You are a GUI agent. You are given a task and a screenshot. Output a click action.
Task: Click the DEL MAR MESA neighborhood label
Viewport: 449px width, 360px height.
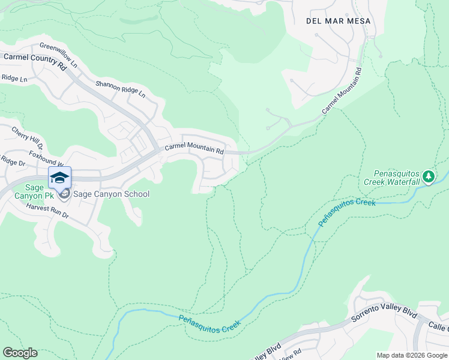click(338, 21)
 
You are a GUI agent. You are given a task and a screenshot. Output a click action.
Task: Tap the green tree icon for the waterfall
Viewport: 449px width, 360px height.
click(428, 176)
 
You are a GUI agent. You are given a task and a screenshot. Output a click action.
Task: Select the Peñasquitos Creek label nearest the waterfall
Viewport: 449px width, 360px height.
click(346, 212)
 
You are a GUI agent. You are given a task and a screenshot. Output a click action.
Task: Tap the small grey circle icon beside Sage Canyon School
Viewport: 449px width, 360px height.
click(65, 194)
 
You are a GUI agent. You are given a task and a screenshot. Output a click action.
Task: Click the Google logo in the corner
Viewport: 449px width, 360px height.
click(20, 353)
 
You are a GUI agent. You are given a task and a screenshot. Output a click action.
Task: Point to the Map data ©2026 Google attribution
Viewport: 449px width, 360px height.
click(411, 355)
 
